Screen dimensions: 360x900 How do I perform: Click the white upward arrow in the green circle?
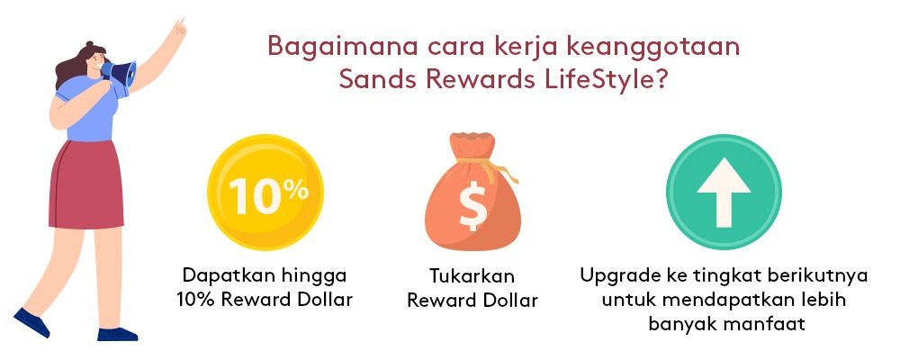(x=724, y=193)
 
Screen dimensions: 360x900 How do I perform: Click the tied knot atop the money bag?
(x=475, y=161)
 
